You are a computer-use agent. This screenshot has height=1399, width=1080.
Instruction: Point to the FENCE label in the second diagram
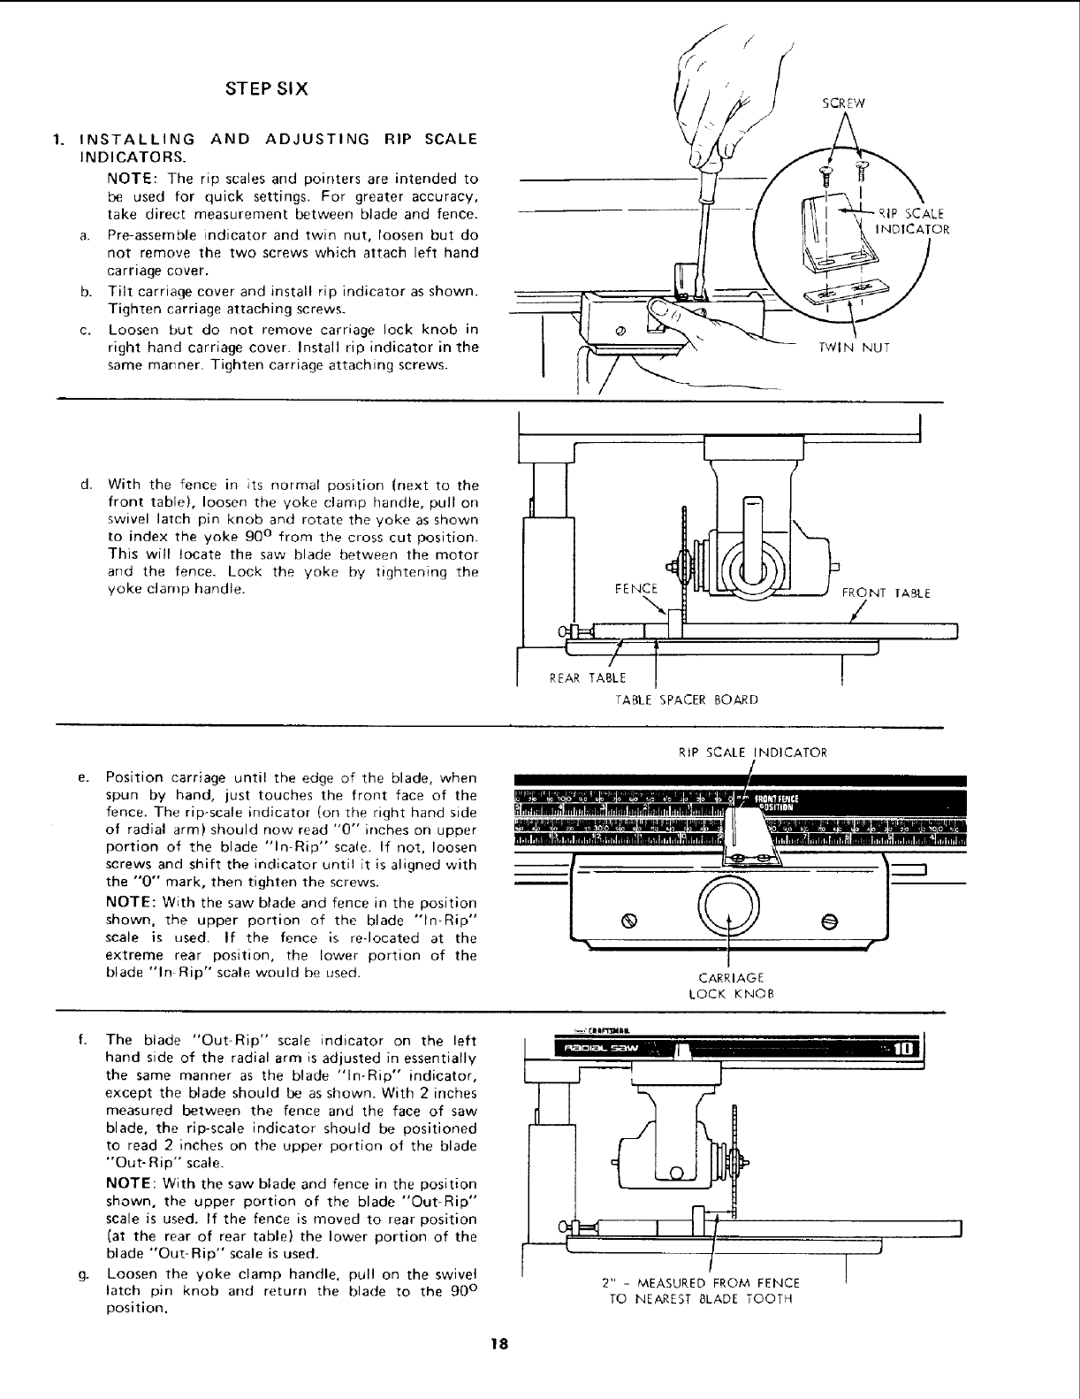tap(636, 588)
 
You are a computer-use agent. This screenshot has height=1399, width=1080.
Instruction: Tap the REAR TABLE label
tap(588, 678)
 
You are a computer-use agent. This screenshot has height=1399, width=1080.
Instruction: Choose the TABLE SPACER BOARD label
tap(686, 699)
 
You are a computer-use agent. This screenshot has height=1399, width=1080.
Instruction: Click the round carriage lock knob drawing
tap(728, 908)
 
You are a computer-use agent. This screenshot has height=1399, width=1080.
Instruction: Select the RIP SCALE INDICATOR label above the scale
tap(752, 753)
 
